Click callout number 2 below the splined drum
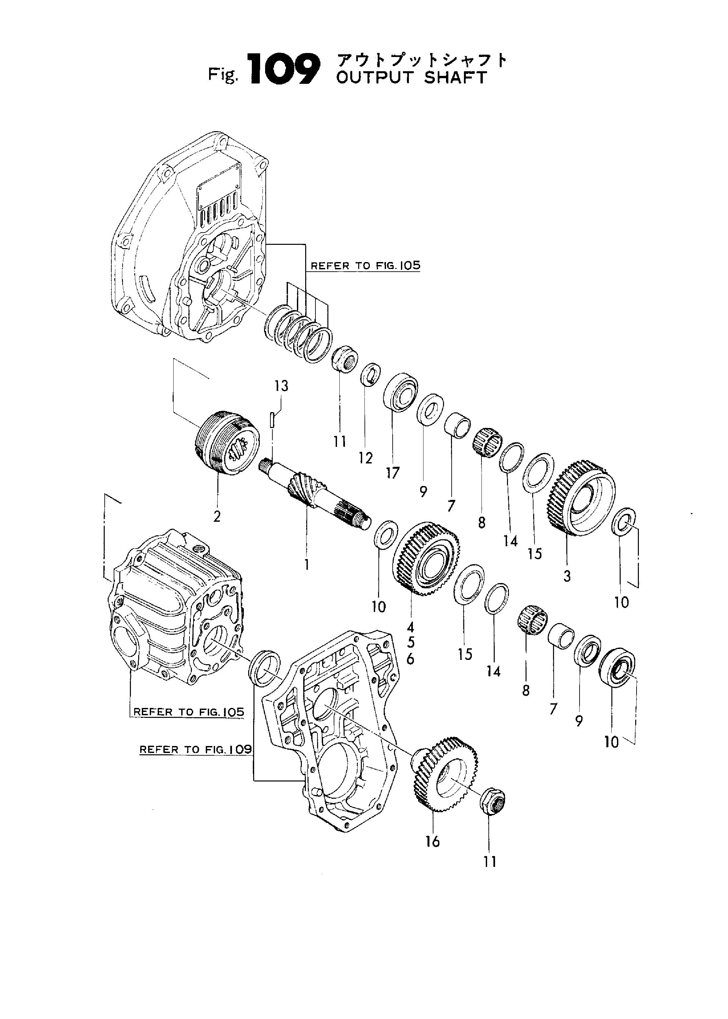(x=217, y=517)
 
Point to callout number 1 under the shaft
(x=307, y=564)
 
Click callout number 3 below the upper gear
(x=567, y=576)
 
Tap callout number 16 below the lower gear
(x=432, y=842)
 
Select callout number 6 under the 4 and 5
(x=410, y=660)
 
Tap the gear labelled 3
(x=581, y=497)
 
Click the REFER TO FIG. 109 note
(x=196, y=750)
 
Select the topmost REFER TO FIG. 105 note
(x=366, y=266)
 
